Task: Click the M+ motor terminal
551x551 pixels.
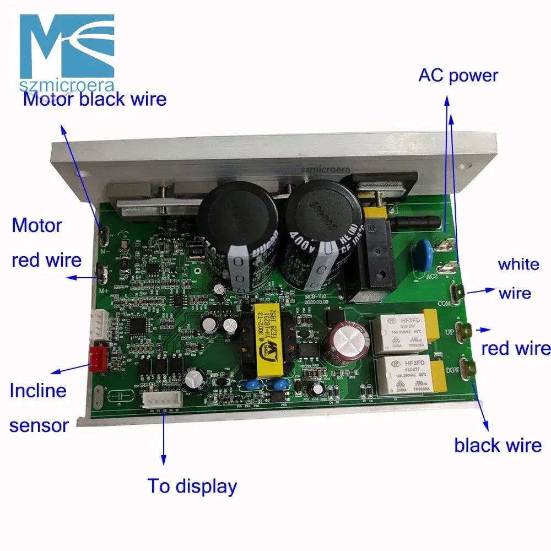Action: [102, 271]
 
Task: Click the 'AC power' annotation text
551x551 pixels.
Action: [458, 75]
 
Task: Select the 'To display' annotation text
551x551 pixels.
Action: [192, 486]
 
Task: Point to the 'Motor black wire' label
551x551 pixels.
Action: [94, 99]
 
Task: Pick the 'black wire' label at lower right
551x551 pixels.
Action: [498, 445]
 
